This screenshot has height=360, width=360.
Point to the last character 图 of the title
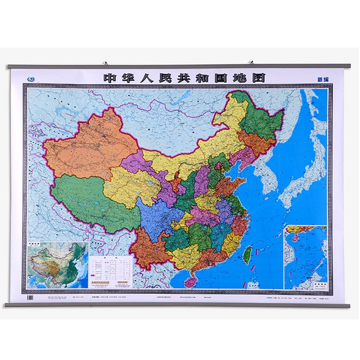[257, 77]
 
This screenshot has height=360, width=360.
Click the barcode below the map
[31, 299]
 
